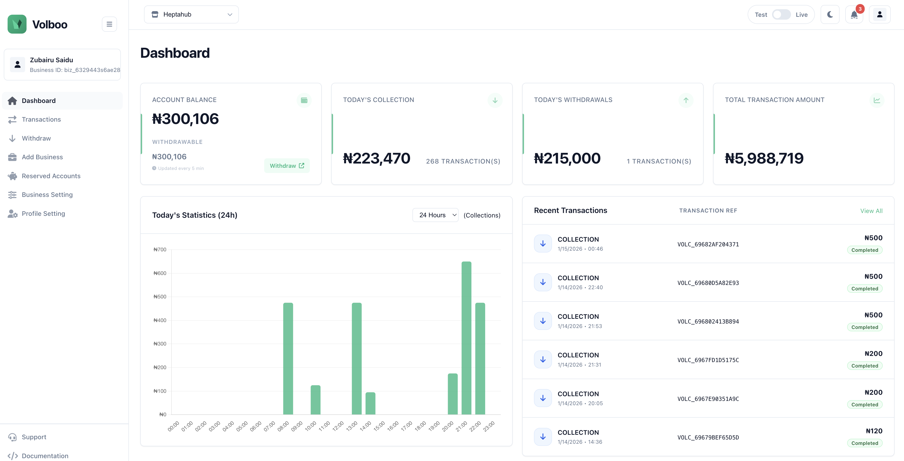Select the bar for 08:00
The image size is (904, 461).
coord(288,358)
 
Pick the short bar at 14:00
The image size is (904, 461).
coord(370,403)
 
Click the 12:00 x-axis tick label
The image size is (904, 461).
coord(338,426)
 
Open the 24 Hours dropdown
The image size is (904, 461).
coord(435,215)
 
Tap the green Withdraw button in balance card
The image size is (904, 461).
coord(287,165)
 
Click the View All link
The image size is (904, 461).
coord(871,211)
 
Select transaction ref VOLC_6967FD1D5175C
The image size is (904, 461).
coord(708,360)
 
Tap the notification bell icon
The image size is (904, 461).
coord(854,15)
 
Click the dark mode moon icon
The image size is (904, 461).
coord(830,15)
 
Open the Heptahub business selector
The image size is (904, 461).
coord(191,15)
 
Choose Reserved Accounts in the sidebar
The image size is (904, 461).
coord(51,176)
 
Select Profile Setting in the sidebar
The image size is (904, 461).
coord(43,213)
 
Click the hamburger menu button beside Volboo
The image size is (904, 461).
coord(109,24)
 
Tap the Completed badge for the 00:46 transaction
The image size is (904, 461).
coord(864,250)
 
